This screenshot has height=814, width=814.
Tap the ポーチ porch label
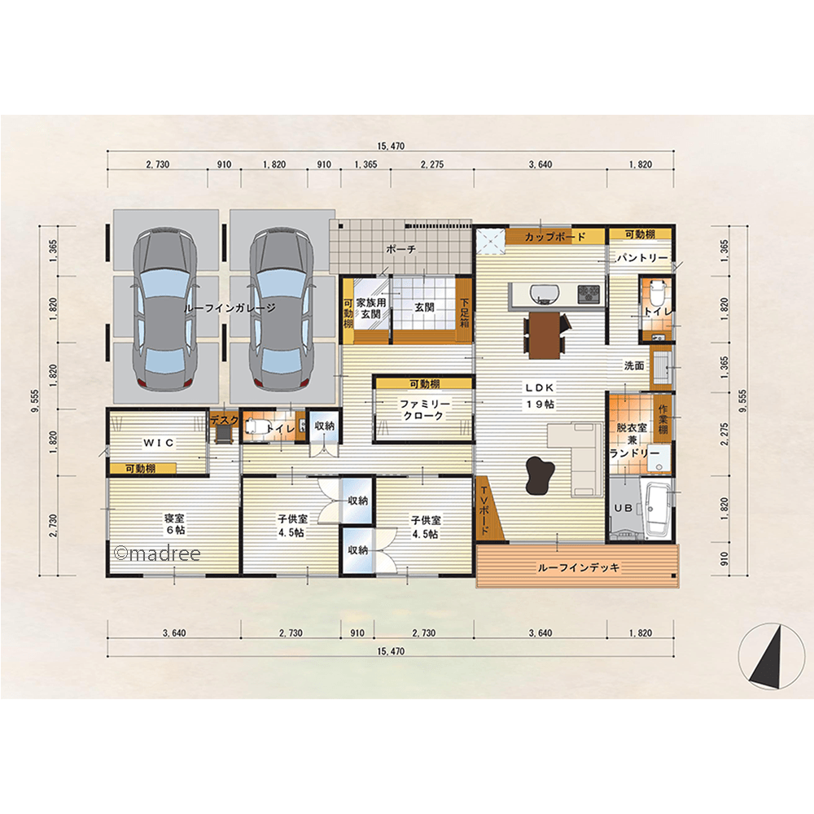click(x=400, y=249)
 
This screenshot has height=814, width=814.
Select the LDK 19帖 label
click(x=540, y=396)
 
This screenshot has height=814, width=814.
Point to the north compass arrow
click(x=768, y=657)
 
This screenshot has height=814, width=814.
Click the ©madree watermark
click(x=157, y=554)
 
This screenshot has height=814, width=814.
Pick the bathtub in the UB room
click(x=657, y=510)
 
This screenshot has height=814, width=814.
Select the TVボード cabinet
click(x=487, y=509)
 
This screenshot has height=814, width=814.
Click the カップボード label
click(x=554, y=237)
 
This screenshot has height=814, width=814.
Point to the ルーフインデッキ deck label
click(x=578, y=567)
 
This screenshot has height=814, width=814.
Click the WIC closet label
click(x=159, y=443)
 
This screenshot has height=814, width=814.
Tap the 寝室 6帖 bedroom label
click(x=174, y=523)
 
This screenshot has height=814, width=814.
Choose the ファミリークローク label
click(x=424, y=409)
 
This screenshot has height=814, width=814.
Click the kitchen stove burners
click(x=589, y=293)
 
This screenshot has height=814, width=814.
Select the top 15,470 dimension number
click(x=391, y=146)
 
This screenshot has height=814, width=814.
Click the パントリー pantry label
click(x=641, y=257)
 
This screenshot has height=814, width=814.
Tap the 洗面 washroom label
click(x=634, y=365)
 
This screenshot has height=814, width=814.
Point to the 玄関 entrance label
click(x=424, y=308)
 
